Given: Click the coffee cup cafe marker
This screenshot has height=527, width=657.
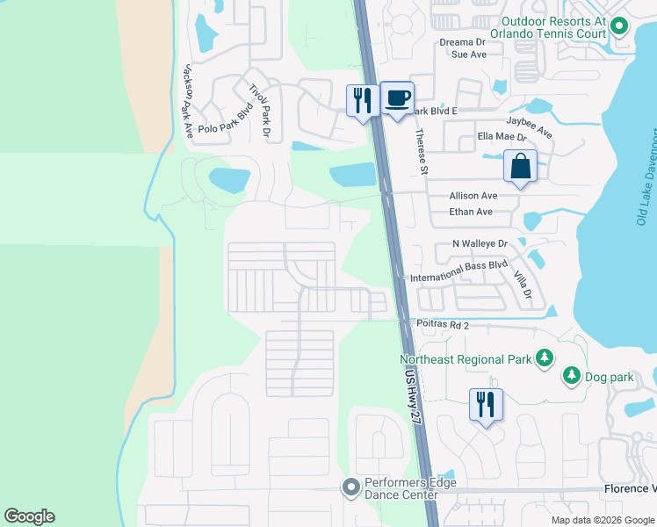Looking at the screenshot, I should [x=397, y=97].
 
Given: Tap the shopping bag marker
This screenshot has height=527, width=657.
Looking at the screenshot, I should [x=520, y=166].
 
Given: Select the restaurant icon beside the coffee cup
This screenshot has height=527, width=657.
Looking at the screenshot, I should [x=362, y=101].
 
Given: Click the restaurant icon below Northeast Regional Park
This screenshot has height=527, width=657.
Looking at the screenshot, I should [x=486, y=405].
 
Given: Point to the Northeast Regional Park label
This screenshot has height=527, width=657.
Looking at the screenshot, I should [x=466, y=359].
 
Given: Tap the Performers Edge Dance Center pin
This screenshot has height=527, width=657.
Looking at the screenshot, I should [x=351, y=487].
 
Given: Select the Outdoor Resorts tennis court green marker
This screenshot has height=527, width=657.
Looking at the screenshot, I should [x=619, y=27].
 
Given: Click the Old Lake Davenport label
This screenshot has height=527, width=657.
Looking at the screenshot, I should [x=642, y=176].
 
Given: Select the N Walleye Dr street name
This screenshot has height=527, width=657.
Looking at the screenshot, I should [x=480, y=243].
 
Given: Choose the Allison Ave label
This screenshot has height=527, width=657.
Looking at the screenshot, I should [x=473, y=196].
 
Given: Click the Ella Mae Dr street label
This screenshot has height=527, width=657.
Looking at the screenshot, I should [x=502, y=137].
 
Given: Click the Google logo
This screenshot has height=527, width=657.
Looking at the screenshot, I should [x=30, y=516].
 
